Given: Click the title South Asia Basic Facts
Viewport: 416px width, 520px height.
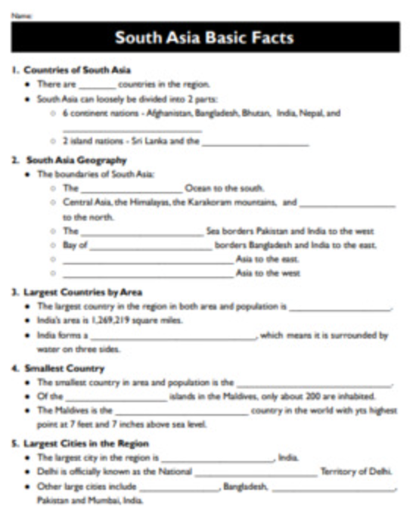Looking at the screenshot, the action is (x=204, y=37).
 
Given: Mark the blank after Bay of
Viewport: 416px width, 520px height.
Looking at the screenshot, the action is (x=151, y=246).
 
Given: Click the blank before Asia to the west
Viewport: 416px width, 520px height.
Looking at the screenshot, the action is (x=147, y=273).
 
